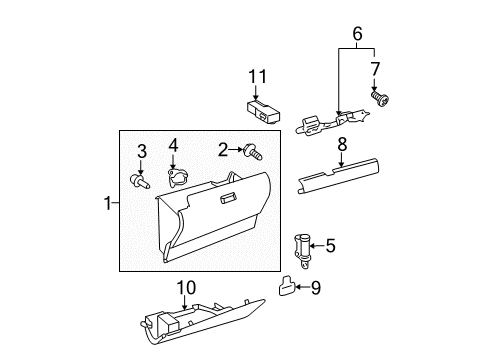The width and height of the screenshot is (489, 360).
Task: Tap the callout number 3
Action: pos(141,152)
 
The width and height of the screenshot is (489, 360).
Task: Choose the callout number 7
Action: pos(376,69)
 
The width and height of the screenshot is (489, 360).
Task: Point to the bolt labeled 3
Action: pos(140,181)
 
